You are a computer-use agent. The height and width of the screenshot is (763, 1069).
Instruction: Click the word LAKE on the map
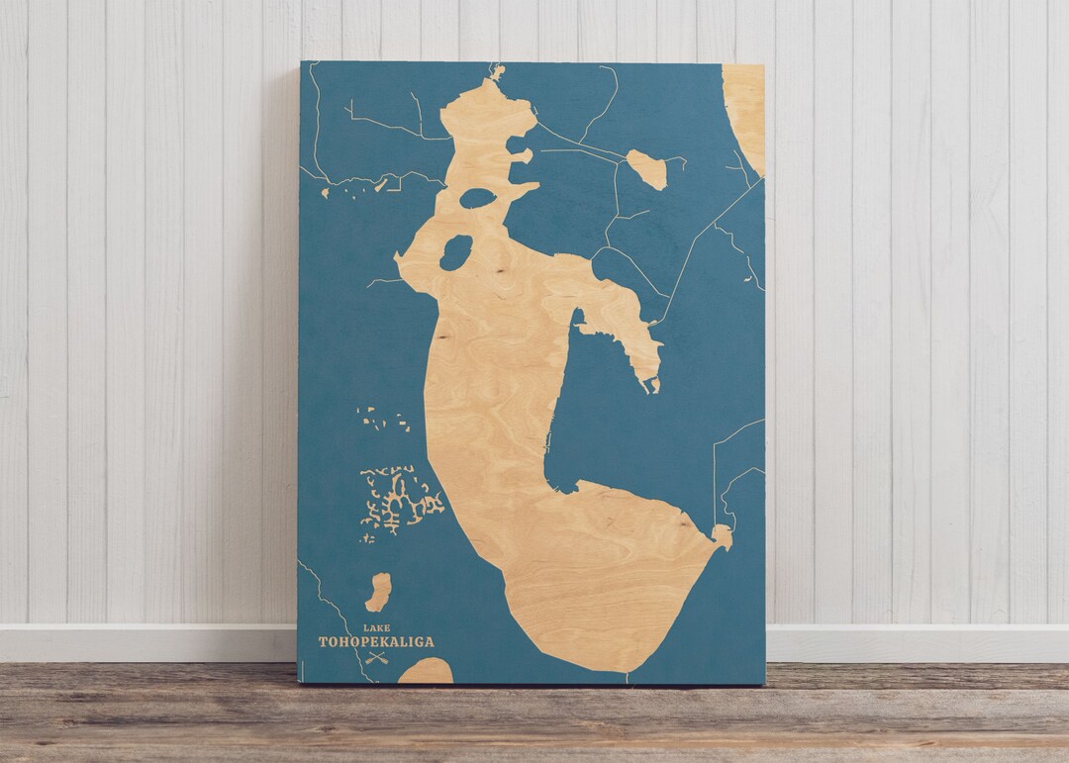click(376, 628)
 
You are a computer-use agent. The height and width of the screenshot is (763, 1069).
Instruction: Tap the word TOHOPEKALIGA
click(376, 642)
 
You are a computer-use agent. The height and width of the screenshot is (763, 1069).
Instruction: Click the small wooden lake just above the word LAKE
click(378, 592)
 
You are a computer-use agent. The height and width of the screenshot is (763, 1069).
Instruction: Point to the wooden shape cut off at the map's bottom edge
click(426, 673)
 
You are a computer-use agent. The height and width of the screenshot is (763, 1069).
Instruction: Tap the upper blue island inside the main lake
click(477, 199)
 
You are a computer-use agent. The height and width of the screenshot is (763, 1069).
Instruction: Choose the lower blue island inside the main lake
click(455, 252)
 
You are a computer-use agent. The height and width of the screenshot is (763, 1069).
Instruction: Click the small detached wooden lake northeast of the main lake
click(646, 169)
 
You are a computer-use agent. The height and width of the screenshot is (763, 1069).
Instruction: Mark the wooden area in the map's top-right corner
click(745, 109)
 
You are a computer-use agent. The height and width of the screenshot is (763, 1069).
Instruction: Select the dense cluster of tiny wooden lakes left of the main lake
click(401, 500)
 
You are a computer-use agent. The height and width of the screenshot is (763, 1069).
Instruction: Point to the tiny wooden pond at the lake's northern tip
click(497, 71)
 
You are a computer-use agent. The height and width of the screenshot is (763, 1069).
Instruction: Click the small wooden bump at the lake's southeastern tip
click(723, 536)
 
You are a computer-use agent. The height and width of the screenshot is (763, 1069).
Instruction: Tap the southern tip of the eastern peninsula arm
click(650, 384)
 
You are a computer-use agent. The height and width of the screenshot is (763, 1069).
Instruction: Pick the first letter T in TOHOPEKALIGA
click(323, 642)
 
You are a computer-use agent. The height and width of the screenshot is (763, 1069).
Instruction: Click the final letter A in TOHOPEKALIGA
click(429, 642)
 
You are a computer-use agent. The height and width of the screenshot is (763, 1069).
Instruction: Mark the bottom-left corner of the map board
click(300, 682)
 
